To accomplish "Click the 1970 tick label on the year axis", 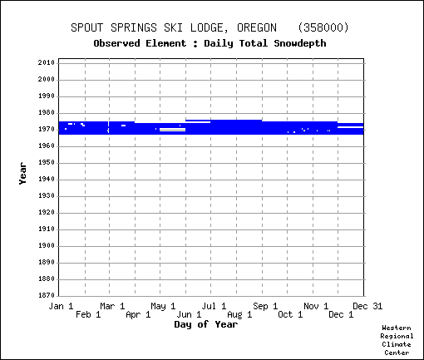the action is coord(47,130).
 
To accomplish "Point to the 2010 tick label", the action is coord(47,62).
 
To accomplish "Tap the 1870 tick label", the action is coord(47,295).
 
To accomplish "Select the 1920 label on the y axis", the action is coord(47,213).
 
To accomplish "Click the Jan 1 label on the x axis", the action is coord(61,306).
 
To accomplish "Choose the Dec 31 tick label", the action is coord(367,306).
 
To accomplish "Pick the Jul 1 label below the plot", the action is coord(214,306).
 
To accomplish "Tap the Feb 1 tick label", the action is coord(88,314).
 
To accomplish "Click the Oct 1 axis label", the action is coord(290,314).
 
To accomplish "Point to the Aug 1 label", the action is coord(239,314).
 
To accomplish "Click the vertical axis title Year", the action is coord(22,174).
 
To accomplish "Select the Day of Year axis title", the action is coord(206,324).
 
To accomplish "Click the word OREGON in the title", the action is coord(257,27).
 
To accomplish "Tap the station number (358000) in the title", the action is coord(323,27).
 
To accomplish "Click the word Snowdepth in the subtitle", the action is coord(300,43).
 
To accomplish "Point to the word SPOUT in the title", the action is coord(86,27).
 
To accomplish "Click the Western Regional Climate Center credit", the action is coord(397,340).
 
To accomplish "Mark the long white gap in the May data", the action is coord(172,130).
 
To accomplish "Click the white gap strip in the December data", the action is coord(350,127).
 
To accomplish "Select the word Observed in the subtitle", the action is coord(116,43).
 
